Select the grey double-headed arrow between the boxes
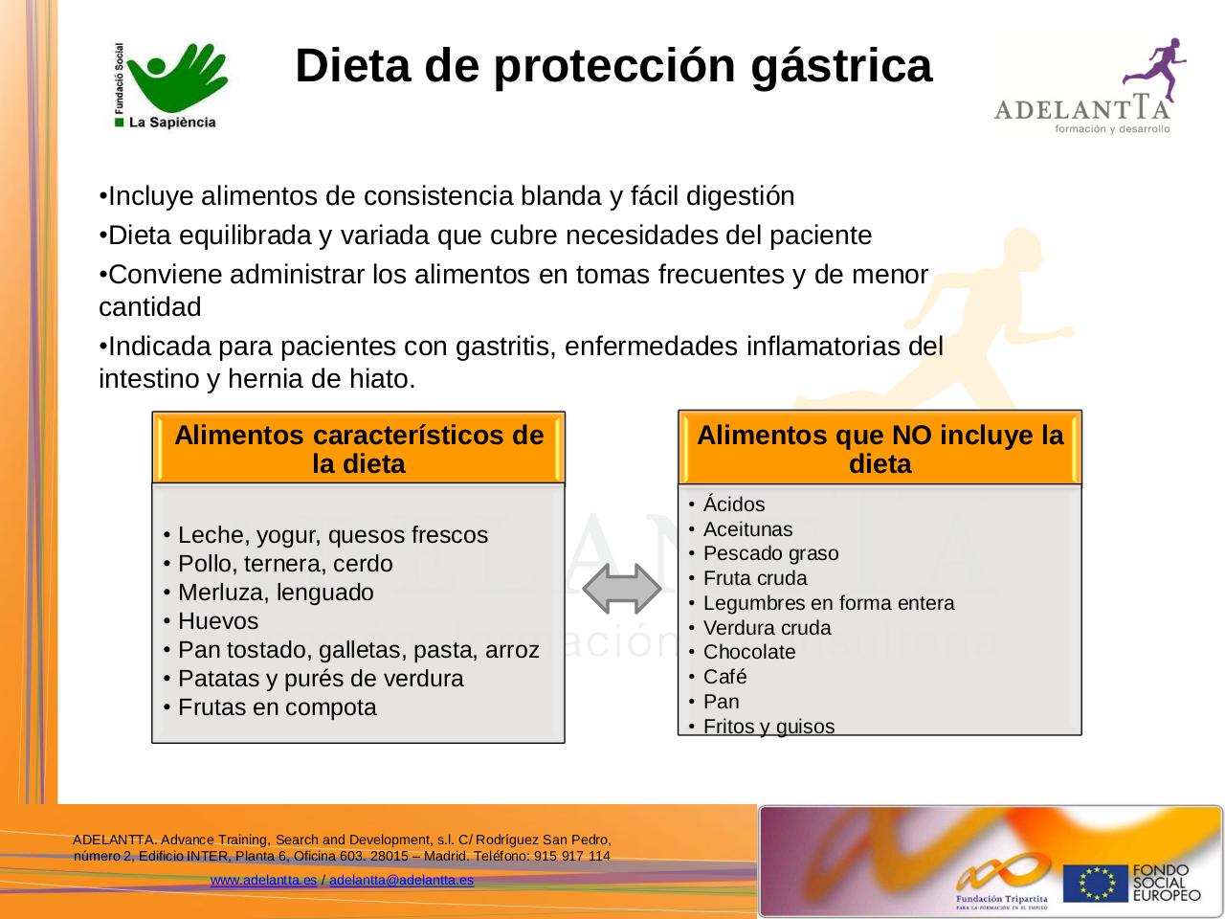tap(622, 589)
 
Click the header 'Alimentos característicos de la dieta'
tap(359, 449)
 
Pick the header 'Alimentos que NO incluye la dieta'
tap(880, 449)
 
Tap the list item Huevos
tap(218, 621)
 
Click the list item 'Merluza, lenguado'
tap(276, 593)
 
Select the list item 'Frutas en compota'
tap(277, 707)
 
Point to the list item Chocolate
tap(748, 652)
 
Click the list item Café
tap(724, 677)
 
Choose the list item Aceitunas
tap(747, 529)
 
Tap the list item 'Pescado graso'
tap(770, 553)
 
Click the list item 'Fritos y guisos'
tap(768, 727)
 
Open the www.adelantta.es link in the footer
tap(263, 880)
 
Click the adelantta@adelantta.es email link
tap(401, 880)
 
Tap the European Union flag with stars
tap(1095, 883)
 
